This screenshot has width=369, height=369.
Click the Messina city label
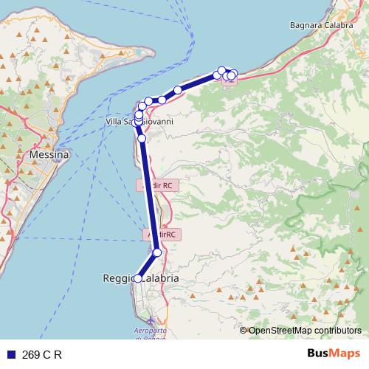coord(49,156)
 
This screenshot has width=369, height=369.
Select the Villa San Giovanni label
coord(140,122)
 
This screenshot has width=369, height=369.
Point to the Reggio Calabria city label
coord(139,278)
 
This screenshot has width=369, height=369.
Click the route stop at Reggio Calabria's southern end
coord(137,278)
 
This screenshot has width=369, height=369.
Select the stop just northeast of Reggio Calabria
coord(156,252)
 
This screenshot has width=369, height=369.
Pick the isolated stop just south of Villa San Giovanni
coord(142,138)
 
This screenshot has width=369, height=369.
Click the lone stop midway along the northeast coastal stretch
coord(178,90)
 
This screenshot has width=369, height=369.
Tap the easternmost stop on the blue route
coord(233,74)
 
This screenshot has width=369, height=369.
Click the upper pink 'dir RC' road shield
coord(156,185)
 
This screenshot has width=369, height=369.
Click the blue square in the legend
coord(10,354)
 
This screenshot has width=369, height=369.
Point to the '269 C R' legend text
coord(42,354)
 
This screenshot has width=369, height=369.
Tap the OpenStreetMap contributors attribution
coord(305,331)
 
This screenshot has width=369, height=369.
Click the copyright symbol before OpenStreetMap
coord(244,331)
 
